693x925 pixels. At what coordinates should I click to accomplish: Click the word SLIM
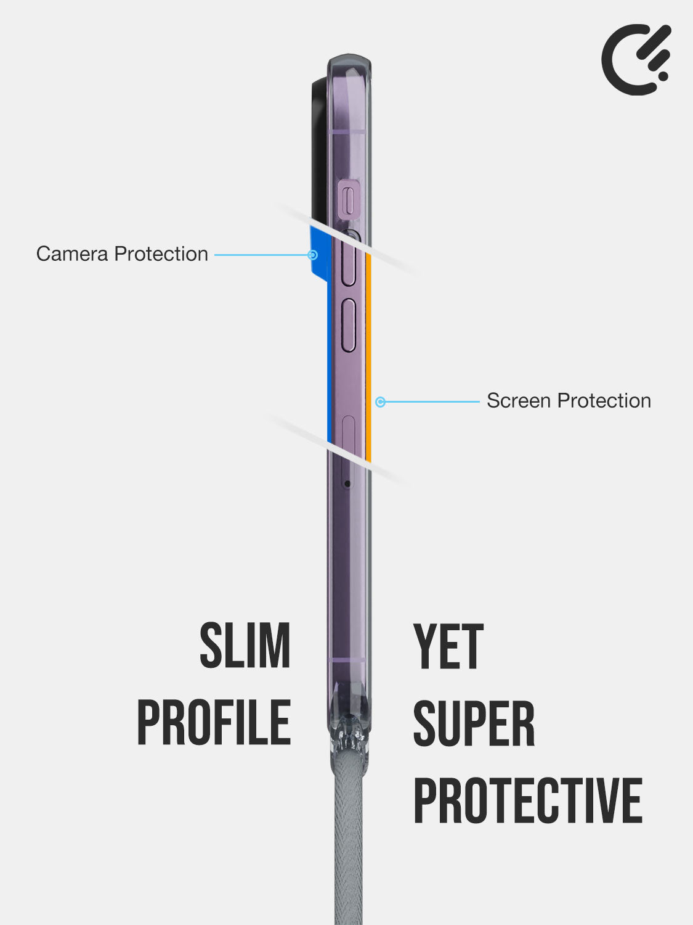click(x=245, y=646)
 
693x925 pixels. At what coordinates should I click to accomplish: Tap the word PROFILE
click(x=214, y=723)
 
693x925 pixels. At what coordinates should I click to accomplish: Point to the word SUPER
click(x=474, y=724)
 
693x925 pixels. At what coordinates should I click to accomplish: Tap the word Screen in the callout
click(x=519, y=401)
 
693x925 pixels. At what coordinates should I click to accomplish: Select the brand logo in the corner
click(x=636, y=59)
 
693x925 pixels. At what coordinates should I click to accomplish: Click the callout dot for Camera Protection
click(x=313, y=255)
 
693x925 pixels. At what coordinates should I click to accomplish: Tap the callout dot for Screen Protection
click(x=381, y=402)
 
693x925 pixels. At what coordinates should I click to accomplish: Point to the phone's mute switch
click(x=349, y=198)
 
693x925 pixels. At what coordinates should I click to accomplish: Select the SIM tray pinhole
click(x=347, y=484)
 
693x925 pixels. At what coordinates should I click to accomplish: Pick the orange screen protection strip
click(x=368, y=358)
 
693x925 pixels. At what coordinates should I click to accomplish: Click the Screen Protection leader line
click(x=431, y=402)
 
